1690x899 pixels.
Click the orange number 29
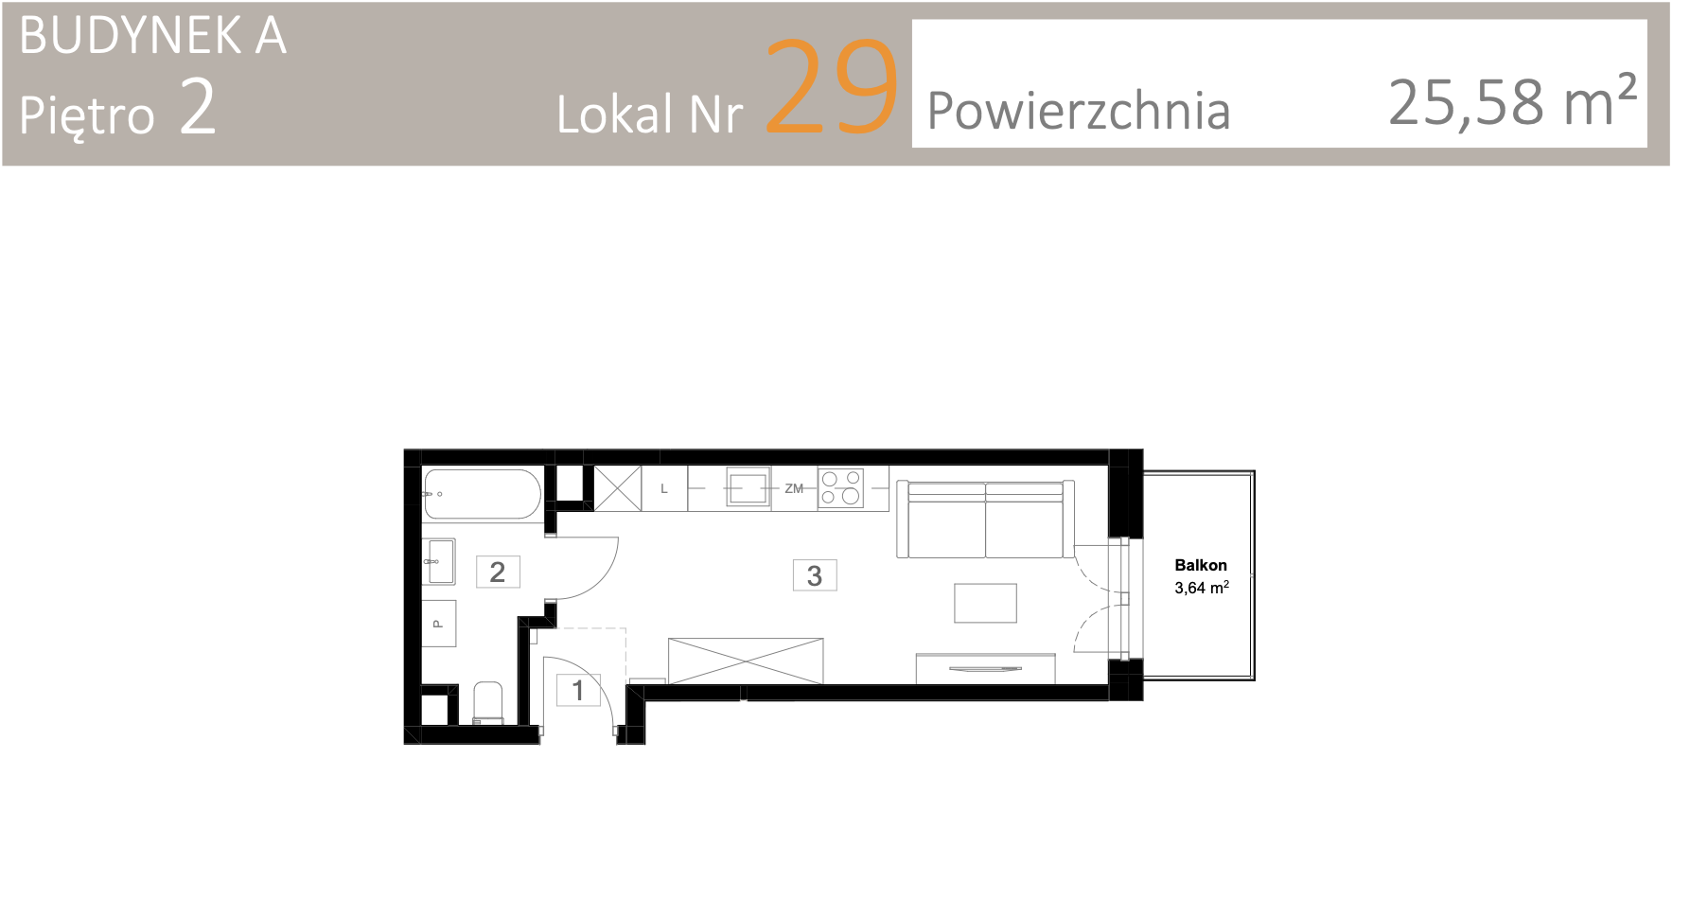831,86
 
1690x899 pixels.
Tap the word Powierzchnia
1079,111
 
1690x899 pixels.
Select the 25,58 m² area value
1512,101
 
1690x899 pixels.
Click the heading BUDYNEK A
152,36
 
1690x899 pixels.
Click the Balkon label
1201,565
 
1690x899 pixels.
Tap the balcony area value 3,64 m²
1202,588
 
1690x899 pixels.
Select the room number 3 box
815,575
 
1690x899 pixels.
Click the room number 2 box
498,572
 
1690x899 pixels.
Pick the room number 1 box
578,690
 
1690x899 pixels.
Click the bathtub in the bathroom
483,494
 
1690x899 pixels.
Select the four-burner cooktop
841,488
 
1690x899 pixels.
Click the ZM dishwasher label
794,488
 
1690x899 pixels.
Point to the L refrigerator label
664,489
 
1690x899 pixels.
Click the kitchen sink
748,488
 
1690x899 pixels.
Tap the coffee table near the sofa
985,603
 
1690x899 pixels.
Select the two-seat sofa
985,520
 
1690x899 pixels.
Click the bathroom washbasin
440,562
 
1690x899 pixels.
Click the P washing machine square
439,623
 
